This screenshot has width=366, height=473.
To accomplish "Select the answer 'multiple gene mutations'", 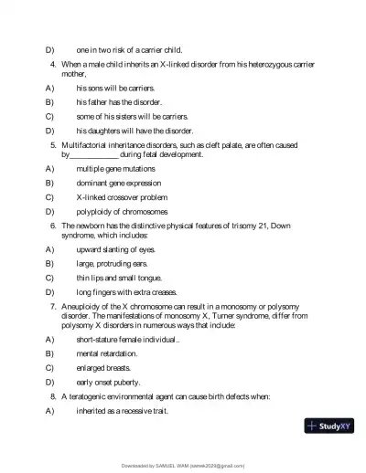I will coord(113,169).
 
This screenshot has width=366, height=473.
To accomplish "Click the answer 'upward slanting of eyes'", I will coord(109,249).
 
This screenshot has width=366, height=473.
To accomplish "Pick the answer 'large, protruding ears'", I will coord(107,263).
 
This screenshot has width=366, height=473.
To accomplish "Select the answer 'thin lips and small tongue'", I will coord(113,277).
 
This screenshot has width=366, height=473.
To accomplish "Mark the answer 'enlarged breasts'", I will coord(101,367).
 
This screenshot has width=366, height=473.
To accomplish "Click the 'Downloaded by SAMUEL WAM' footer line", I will coord(183,465).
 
